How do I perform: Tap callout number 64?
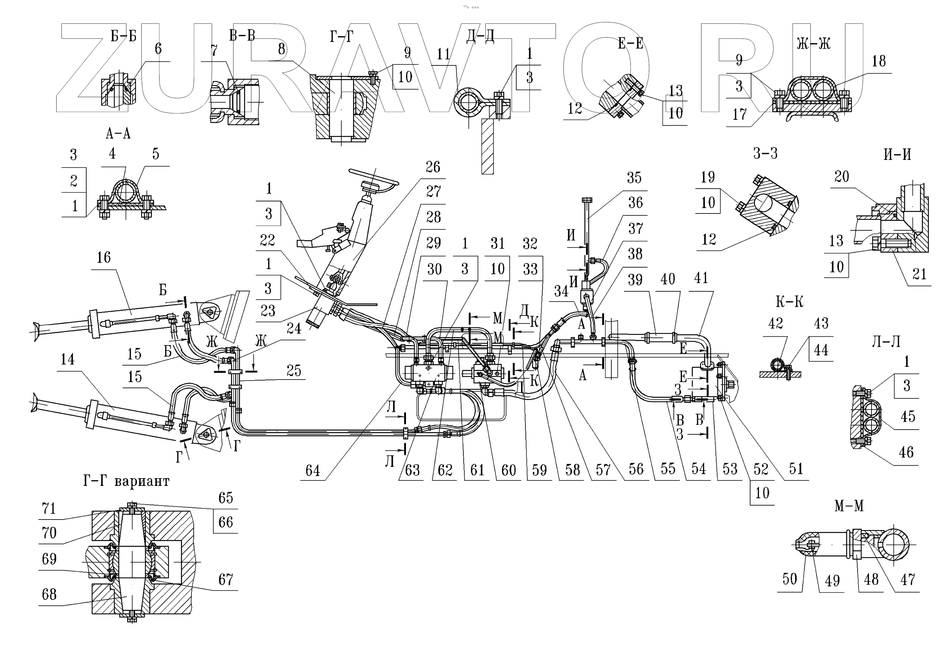pos(312,471)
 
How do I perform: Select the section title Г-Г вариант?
pos(126,481)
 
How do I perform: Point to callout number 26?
pos(433,167)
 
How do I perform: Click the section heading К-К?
pos(789,302)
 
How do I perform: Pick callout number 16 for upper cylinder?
pos(103,257)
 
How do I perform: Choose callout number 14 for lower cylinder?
pos(68,359)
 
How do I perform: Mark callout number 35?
pos(634,178)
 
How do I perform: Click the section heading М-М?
pos(849,506)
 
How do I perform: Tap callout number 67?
pos(225,579)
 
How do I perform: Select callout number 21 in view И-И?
pos(919,275)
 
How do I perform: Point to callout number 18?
pos(879,61)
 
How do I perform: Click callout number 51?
pos(796,469)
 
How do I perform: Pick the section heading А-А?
pos(118,133)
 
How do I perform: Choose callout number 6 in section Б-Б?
pos(158,49)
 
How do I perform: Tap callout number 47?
pos(908,579)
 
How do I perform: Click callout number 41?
pos(701,279)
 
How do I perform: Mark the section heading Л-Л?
pos(886,341)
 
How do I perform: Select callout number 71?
pos(49,509)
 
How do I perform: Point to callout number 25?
pos(293,371)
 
